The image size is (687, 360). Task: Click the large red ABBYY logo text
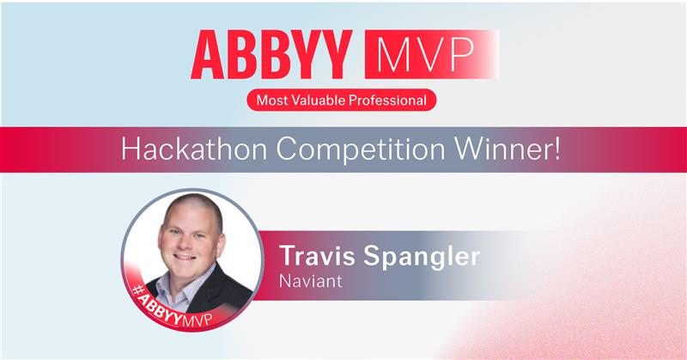pyautogui.click(x=273, y=56)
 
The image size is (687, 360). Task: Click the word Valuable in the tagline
pyautogui.click(x=319, y=101)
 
